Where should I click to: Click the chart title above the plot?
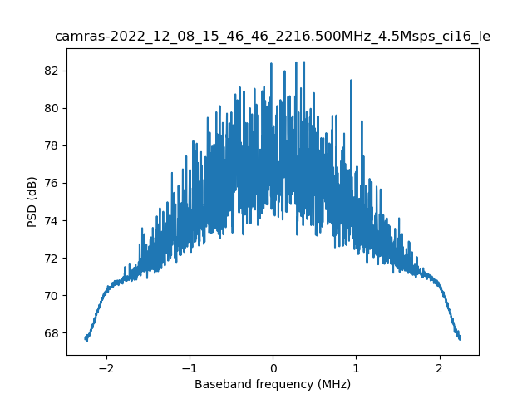pyautogui.click(x=272, y=37)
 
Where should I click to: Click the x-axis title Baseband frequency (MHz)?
pyautogui.click(x=273, y=384)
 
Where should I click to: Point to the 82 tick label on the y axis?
pyautogui.click(x=51, y=71)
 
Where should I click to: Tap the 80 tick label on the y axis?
pyautogui.click(x=51, y=108)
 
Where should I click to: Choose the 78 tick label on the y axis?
pyautogui.click(x=51, y=145)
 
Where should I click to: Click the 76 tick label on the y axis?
pyautogui.click(x=51, y=183)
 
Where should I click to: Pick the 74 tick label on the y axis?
pyautogui.click(x=51, y=220)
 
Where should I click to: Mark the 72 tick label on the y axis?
pyautogui.click(x=51, y=258)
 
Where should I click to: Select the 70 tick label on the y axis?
pyautogui.click(x=51, y=296)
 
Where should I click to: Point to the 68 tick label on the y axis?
pyautogui.click(x=51, y=333)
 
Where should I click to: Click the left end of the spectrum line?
pyautogui.click(x=86, y=338)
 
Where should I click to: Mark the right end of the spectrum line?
pyautogui.click(x=460, y=337)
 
